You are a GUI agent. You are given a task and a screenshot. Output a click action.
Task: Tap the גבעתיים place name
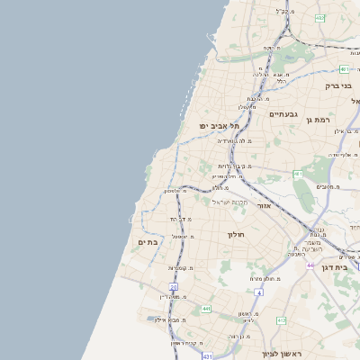284,114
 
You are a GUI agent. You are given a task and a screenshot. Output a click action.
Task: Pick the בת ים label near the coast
148,242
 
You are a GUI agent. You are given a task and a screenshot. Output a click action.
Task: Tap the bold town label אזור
265,206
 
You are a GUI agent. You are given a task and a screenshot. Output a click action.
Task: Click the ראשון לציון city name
281,353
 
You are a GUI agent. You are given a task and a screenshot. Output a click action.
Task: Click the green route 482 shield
319,17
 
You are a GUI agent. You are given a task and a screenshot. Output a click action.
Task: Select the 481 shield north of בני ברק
346,68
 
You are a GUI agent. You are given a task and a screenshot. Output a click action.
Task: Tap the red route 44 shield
310,265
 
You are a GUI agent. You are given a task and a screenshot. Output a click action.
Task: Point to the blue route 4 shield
258,292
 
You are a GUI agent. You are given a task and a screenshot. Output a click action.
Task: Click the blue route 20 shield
174,287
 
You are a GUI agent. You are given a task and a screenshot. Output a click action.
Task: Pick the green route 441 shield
206,309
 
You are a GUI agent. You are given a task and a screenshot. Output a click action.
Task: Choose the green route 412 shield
281,319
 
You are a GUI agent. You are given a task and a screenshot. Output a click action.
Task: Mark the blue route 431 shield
206,356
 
